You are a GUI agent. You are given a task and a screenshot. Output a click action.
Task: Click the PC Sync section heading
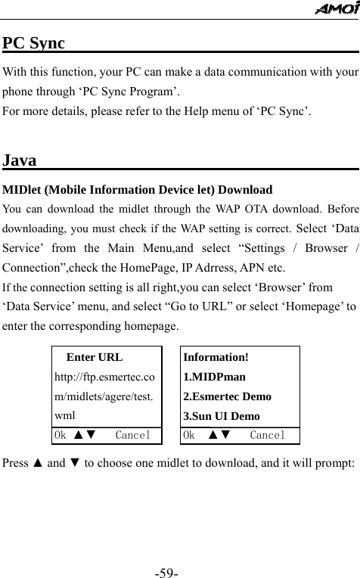click(x=33, y=42)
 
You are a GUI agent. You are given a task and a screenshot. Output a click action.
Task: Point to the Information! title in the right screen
click(x=216, y=357)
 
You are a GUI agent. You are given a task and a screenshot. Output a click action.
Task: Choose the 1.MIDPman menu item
click(x=214, y=377)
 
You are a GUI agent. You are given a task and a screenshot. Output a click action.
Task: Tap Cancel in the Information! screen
click(x=267, y=436)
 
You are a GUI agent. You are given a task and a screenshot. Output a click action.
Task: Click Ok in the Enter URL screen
click(x=60, y=436)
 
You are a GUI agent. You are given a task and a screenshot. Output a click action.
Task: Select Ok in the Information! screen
click(x=190, y=436)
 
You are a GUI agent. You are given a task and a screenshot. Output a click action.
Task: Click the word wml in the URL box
click(x=64, y=416)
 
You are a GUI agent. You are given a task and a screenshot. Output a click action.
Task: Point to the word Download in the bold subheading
click(x=244, y=189)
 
